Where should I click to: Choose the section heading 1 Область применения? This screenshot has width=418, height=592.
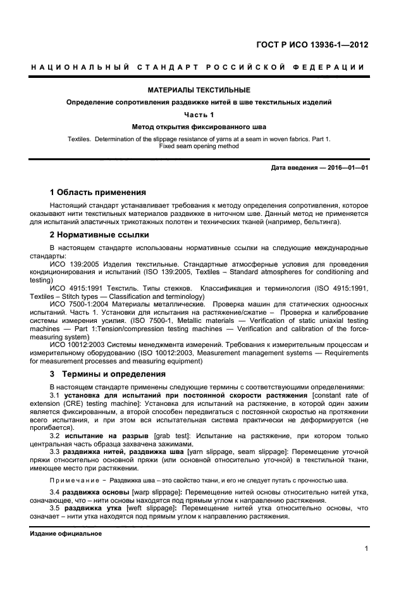coord(98,192)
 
